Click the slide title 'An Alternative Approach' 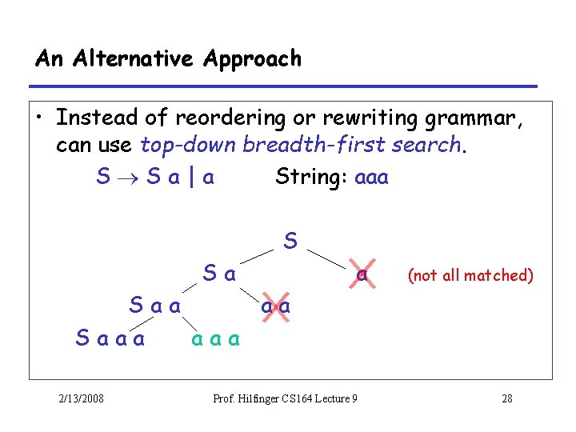(x=168, y=59)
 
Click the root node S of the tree (x=290, y=240)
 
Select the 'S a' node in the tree (x=219, y=274)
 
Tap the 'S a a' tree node (x=155, y=306)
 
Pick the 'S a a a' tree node (x=110, y=338)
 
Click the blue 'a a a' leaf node (x=215, y=339)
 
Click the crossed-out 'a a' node (x=274, y=306)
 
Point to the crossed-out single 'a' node (x=362, y=274)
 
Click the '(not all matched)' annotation (x=470, y=276)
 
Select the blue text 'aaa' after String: (x=370, y=177)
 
